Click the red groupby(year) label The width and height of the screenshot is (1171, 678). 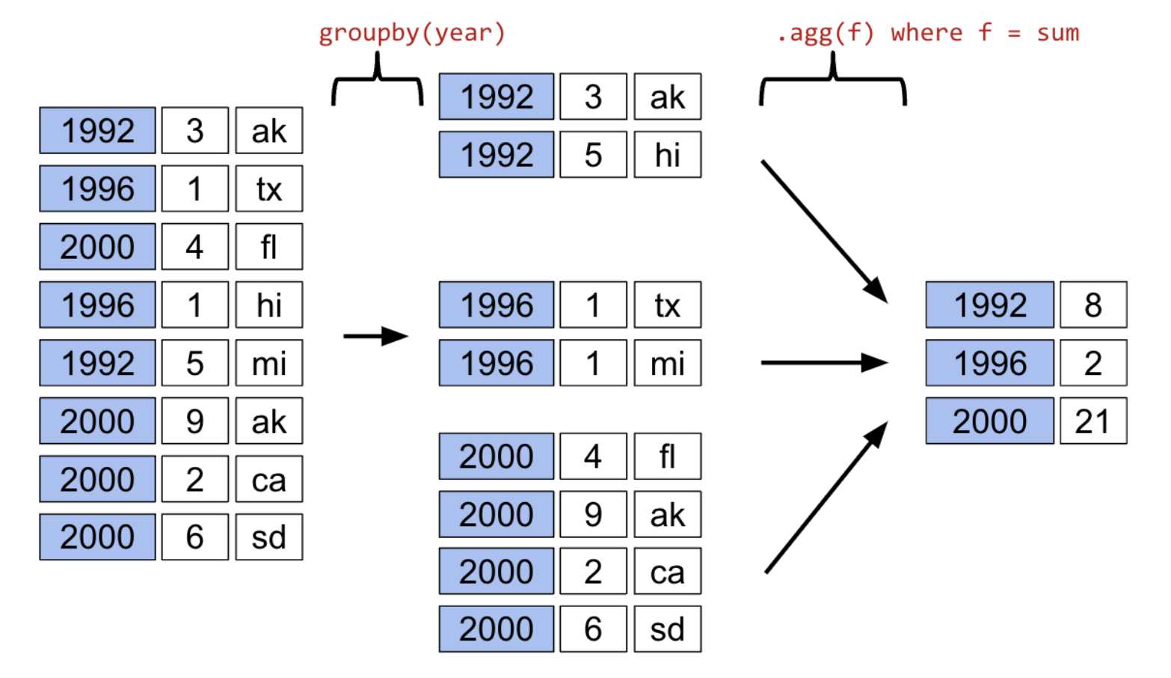pos(412,33)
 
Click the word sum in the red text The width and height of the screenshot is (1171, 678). pos(1057,33)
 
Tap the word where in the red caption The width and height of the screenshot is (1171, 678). pos(926,33)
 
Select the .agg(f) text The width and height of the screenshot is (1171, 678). pos(825,33)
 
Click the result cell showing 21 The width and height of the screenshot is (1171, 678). pos(1092,421)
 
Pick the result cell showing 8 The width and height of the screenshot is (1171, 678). pos(1092,305)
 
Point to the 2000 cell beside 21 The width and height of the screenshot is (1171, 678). pos(989,421)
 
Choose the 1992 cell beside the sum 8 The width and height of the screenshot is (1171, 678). pos(989,305)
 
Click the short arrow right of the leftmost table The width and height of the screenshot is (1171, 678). pos(375,336)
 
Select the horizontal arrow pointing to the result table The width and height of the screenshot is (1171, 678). pos(823,363)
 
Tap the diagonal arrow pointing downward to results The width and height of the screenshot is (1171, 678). pos(823,230)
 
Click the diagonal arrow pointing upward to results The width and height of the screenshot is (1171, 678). pos(826,498)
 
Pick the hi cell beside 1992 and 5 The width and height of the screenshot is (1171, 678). pos(667,155)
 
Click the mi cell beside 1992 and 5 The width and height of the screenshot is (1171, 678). pos(268,363)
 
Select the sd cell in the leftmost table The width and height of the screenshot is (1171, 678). pos(268,537)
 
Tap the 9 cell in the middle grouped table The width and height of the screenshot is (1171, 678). pos(592,514)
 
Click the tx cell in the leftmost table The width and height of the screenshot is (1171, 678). pos(268,189)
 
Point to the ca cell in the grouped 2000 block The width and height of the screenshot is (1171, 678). pos(667,572)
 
